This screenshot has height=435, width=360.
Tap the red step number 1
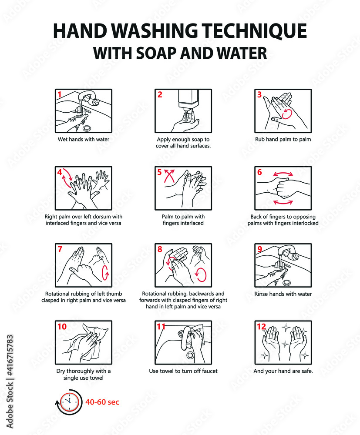coord(60,94)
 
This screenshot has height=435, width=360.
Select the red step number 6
coord(259,172)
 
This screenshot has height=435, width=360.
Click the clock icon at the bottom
coord(68,402)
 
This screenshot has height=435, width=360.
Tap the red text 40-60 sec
coord(102,402)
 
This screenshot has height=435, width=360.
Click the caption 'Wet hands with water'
coord(84,140)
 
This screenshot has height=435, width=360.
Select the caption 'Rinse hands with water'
coord(283,294)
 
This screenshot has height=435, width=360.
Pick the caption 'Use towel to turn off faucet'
coord(183,371)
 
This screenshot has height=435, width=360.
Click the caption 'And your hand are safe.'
coord(283,371)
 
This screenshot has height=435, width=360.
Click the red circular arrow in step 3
coord(287,114)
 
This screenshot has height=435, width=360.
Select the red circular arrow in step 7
coord(105,273)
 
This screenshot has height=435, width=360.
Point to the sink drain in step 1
coord(87,127)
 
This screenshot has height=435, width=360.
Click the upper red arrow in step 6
coord(283,174)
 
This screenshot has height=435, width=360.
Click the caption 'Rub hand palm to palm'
coord(283,140)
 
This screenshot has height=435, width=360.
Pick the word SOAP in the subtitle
coord(161,53)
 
